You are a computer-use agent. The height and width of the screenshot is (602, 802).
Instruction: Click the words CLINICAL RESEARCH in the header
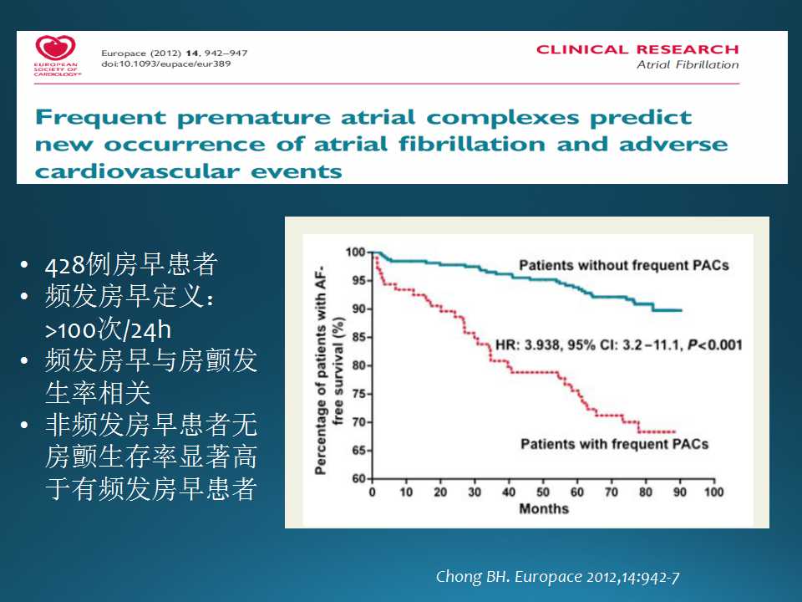(x=637, y=49)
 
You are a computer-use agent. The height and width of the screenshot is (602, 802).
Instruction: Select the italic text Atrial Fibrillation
(x=688, y=65)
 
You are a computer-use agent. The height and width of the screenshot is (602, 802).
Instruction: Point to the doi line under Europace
(x=165, y=64)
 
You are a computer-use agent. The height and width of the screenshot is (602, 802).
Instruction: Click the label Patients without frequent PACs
(x=623, y=266)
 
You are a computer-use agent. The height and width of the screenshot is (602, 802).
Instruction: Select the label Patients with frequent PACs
(x=614, y=443)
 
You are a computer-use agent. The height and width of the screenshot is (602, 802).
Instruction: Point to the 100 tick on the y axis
(x=356, y=252)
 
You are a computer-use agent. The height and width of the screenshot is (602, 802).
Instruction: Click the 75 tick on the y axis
(x=358, y=394)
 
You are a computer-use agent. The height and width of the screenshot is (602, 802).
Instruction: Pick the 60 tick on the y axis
(x=358, y=478)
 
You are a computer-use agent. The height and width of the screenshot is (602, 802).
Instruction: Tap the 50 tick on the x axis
(x=543, y=492)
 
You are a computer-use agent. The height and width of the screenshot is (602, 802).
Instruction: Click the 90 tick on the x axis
(x=680, y=492)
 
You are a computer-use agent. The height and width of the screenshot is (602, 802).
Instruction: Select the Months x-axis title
(x=544, y=508)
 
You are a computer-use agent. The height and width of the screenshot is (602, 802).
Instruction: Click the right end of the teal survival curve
(x=682, y=310)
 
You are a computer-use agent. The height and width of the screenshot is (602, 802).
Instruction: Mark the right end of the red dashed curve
(x=674, y=431)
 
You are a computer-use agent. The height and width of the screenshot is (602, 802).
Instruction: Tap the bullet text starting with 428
(x=131, y=265)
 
